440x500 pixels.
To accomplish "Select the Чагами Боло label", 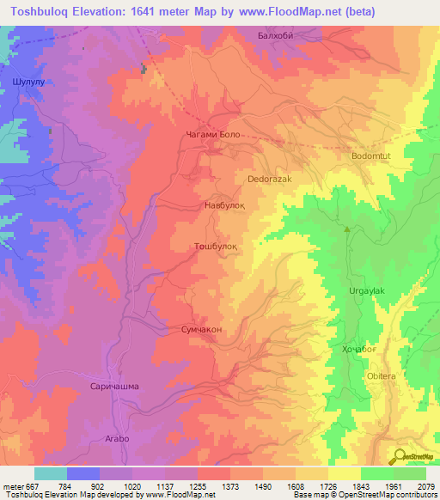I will [218, 136].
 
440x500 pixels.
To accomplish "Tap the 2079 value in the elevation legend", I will [426, 485].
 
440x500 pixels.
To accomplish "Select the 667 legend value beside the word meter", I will [30, 485].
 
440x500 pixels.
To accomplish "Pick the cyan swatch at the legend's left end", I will [50, 473].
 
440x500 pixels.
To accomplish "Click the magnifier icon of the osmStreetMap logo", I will [399, 457].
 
